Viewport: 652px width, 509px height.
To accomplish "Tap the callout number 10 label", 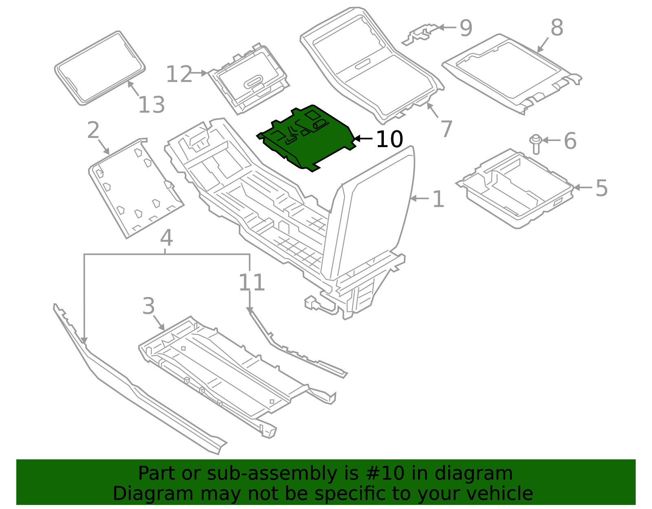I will [x=389, y=140].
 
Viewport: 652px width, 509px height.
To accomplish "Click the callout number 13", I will [x=152, y=105].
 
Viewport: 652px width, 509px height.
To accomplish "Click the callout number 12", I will [x=179, y=74].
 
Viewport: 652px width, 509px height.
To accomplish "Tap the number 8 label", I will [x=557, y=28].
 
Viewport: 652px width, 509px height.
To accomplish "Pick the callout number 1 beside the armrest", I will [x=438, y=199].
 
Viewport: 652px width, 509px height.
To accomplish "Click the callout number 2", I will [x=93, y=130].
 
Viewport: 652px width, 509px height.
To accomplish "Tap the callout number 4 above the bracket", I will [x=166, y=238].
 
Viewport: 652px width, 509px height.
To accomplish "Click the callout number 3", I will [x=149, y=306].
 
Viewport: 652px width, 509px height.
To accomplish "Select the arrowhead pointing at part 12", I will [x=205, y=73].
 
